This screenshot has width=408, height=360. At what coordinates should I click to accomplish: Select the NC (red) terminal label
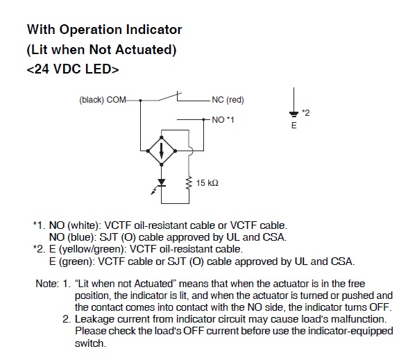click(x=228, y=100)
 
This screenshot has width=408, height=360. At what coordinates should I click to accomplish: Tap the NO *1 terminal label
click(x=223, y=120)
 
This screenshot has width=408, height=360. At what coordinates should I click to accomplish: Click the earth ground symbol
click(x=294, y=114)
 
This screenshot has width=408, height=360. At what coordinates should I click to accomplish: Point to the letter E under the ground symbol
click(x=294, y=126)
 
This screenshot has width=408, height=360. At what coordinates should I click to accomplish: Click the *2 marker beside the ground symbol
click(x=306, y=113)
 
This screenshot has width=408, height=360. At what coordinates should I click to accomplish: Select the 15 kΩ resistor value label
click(x=207, y=183)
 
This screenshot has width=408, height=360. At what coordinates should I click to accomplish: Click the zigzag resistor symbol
click(x=189, y=182)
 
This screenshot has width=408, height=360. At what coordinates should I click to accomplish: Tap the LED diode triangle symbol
click(x=161, y=182)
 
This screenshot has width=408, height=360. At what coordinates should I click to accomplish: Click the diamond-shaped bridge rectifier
click(x=161, y=151)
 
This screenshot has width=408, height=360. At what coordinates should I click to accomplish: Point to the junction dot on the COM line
click(x=140, y=101)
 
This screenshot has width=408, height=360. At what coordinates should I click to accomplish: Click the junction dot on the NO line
click(x=204, y=119)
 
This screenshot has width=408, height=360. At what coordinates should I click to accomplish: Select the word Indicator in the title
click(x=154, y=29)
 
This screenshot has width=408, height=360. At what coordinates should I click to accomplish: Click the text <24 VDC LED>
click(x=73, y=69)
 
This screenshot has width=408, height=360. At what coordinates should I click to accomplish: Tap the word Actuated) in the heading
click(x=146, y=50)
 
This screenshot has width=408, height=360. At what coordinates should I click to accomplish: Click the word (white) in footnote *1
click(x=84, y=225)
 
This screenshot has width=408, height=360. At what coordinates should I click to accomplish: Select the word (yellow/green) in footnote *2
click(x=91, y=249)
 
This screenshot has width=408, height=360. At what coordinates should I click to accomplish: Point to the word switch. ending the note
click(x=90, y=343)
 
